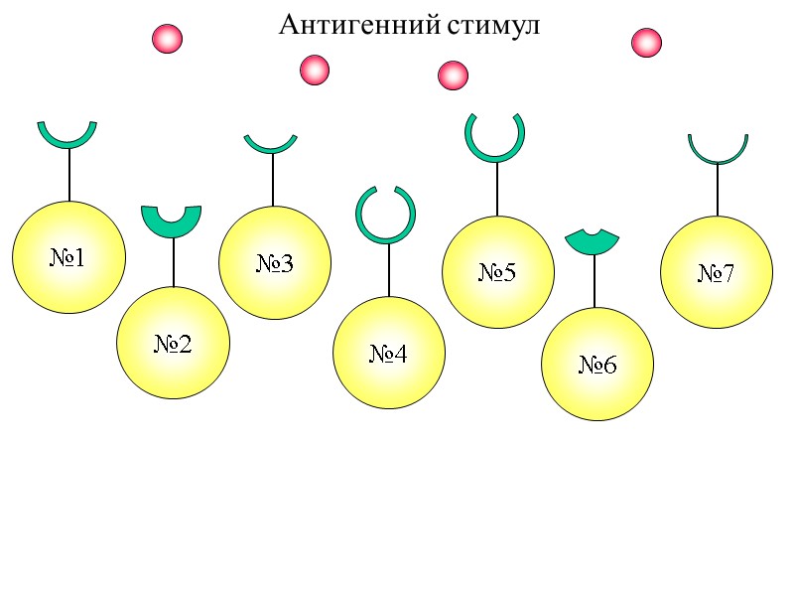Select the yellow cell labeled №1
point(68,258)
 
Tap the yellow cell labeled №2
point(174,343)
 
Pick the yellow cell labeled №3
point(275,263)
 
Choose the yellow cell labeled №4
point(389,353)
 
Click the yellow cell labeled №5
point(497,272)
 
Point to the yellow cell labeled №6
point(597,365)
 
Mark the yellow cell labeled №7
point(717,273)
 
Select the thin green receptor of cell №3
point(271,148)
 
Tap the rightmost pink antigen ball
point(646,43)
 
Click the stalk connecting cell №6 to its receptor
point(595,281)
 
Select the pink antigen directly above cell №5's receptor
point(453,74)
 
